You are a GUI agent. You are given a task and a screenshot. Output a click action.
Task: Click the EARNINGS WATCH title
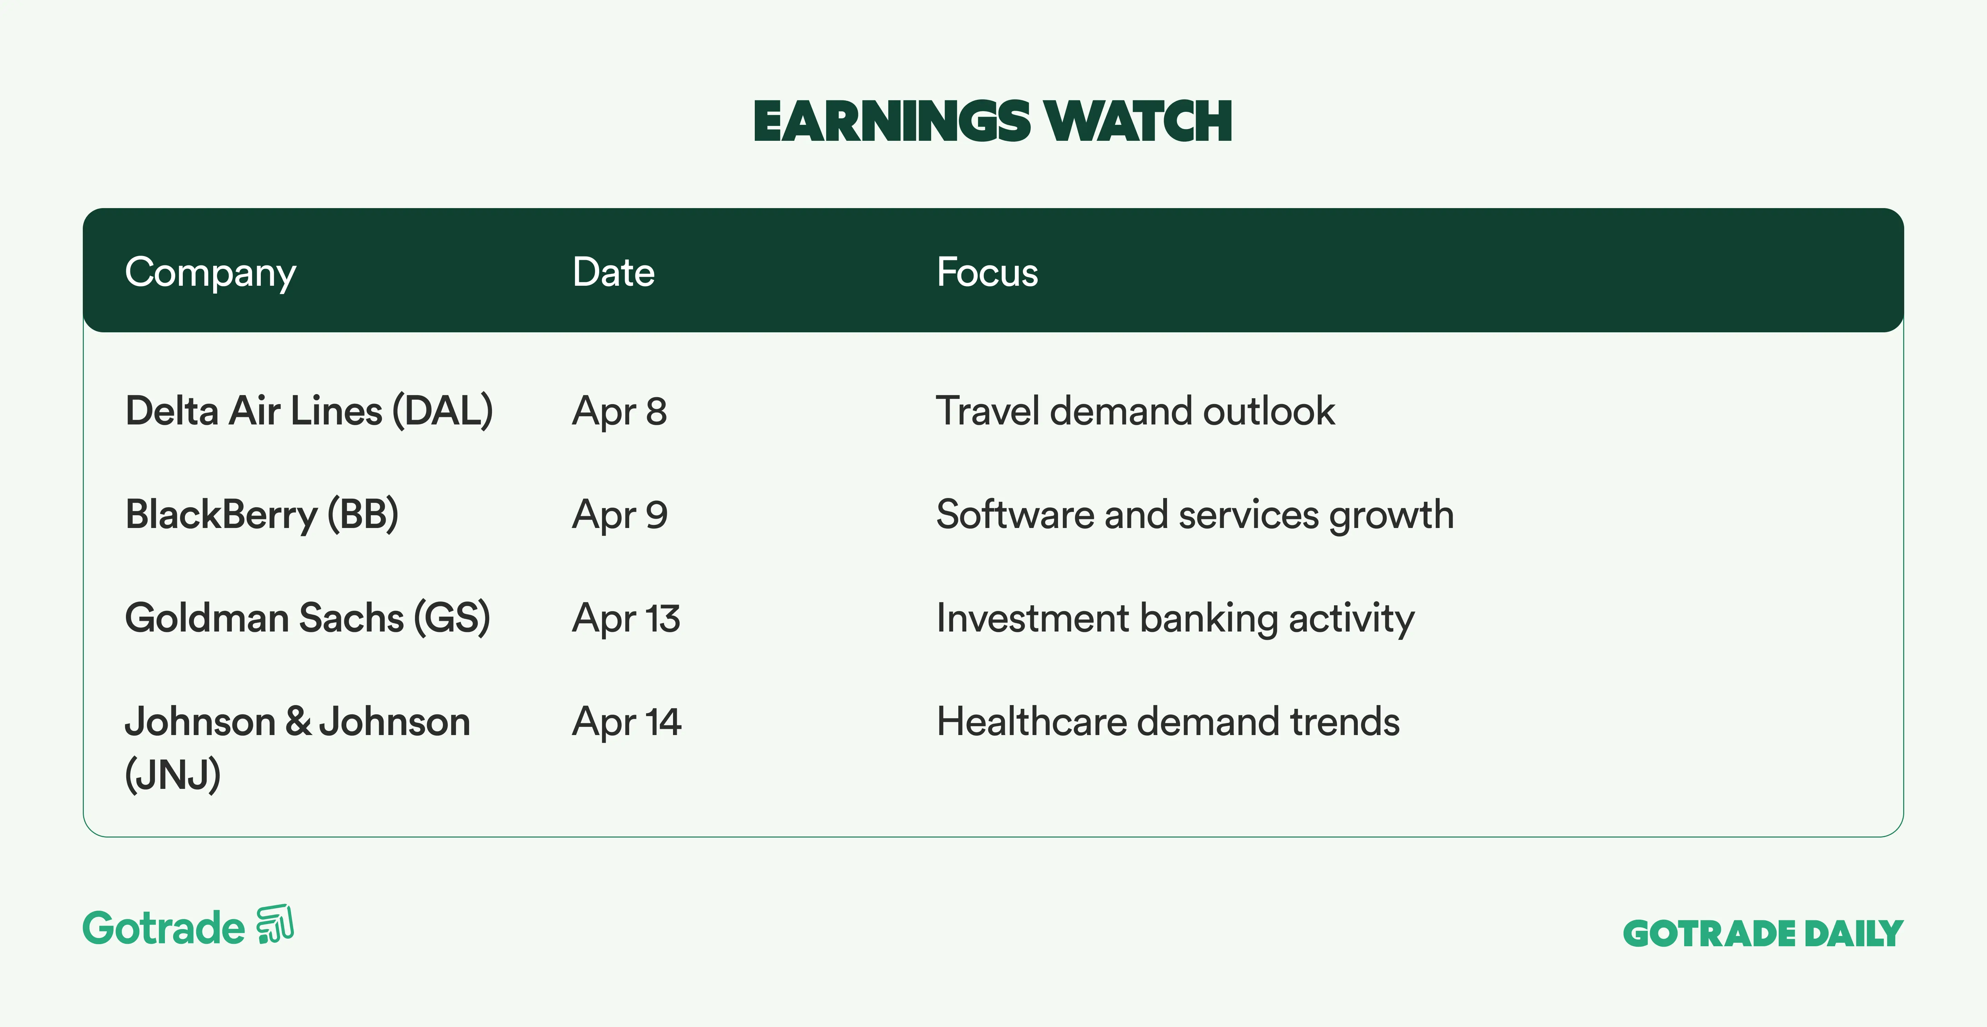[x=993, y=122]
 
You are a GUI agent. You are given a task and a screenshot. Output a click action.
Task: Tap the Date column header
[x=613, y=272]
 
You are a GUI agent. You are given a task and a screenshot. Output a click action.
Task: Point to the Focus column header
[x=987, y=272]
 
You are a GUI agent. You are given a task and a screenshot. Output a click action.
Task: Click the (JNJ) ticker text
[x=173, y=775]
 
